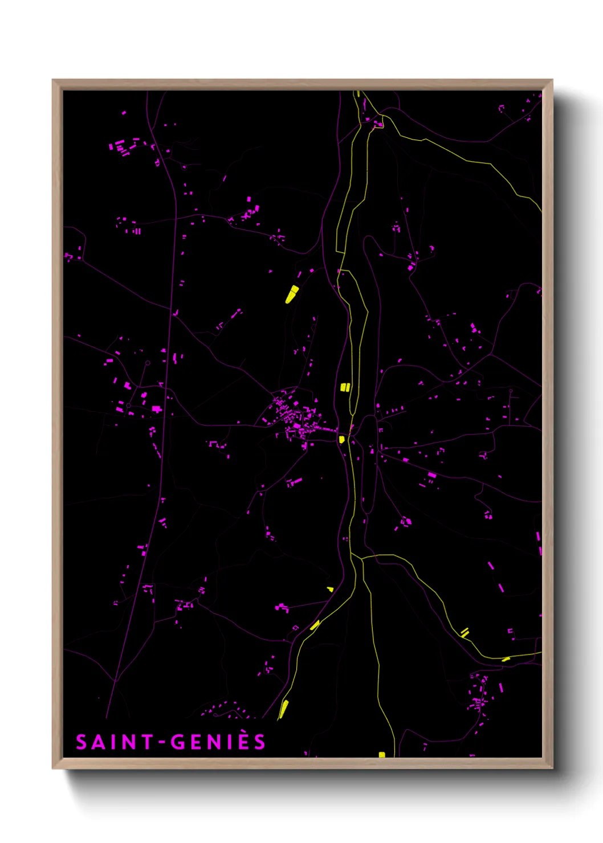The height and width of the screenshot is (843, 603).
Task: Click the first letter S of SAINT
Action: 82,742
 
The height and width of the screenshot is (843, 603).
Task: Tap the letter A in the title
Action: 99,742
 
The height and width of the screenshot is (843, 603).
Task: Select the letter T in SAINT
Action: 148,742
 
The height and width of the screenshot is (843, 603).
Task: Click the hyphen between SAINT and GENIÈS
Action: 162,743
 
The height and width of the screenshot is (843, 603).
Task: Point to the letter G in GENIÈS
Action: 178,742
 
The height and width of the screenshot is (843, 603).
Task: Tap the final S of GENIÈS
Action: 260,742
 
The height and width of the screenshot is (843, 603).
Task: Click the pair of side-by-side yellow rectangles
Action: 344,387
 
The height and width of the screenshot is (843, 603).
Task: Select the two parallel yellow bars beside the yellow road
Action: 465,632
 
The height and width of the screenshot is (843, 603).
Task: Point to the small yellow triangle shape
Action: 331,590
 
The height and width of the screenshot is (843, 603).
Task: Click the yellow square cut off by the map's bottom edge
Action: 382,755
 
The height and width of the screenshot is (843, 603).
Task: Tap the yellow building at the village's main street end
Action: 341,439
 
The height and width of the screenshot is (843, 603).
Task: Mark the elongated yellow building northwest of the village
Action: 292,294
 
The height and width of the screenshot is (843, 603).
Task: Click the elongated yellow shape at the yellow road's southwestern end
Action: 283,709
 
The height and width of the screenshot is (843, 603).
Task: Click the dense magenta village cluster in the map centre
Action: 294,419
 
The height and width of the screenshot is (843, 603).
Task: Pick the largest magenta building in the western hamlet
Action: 156,409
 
